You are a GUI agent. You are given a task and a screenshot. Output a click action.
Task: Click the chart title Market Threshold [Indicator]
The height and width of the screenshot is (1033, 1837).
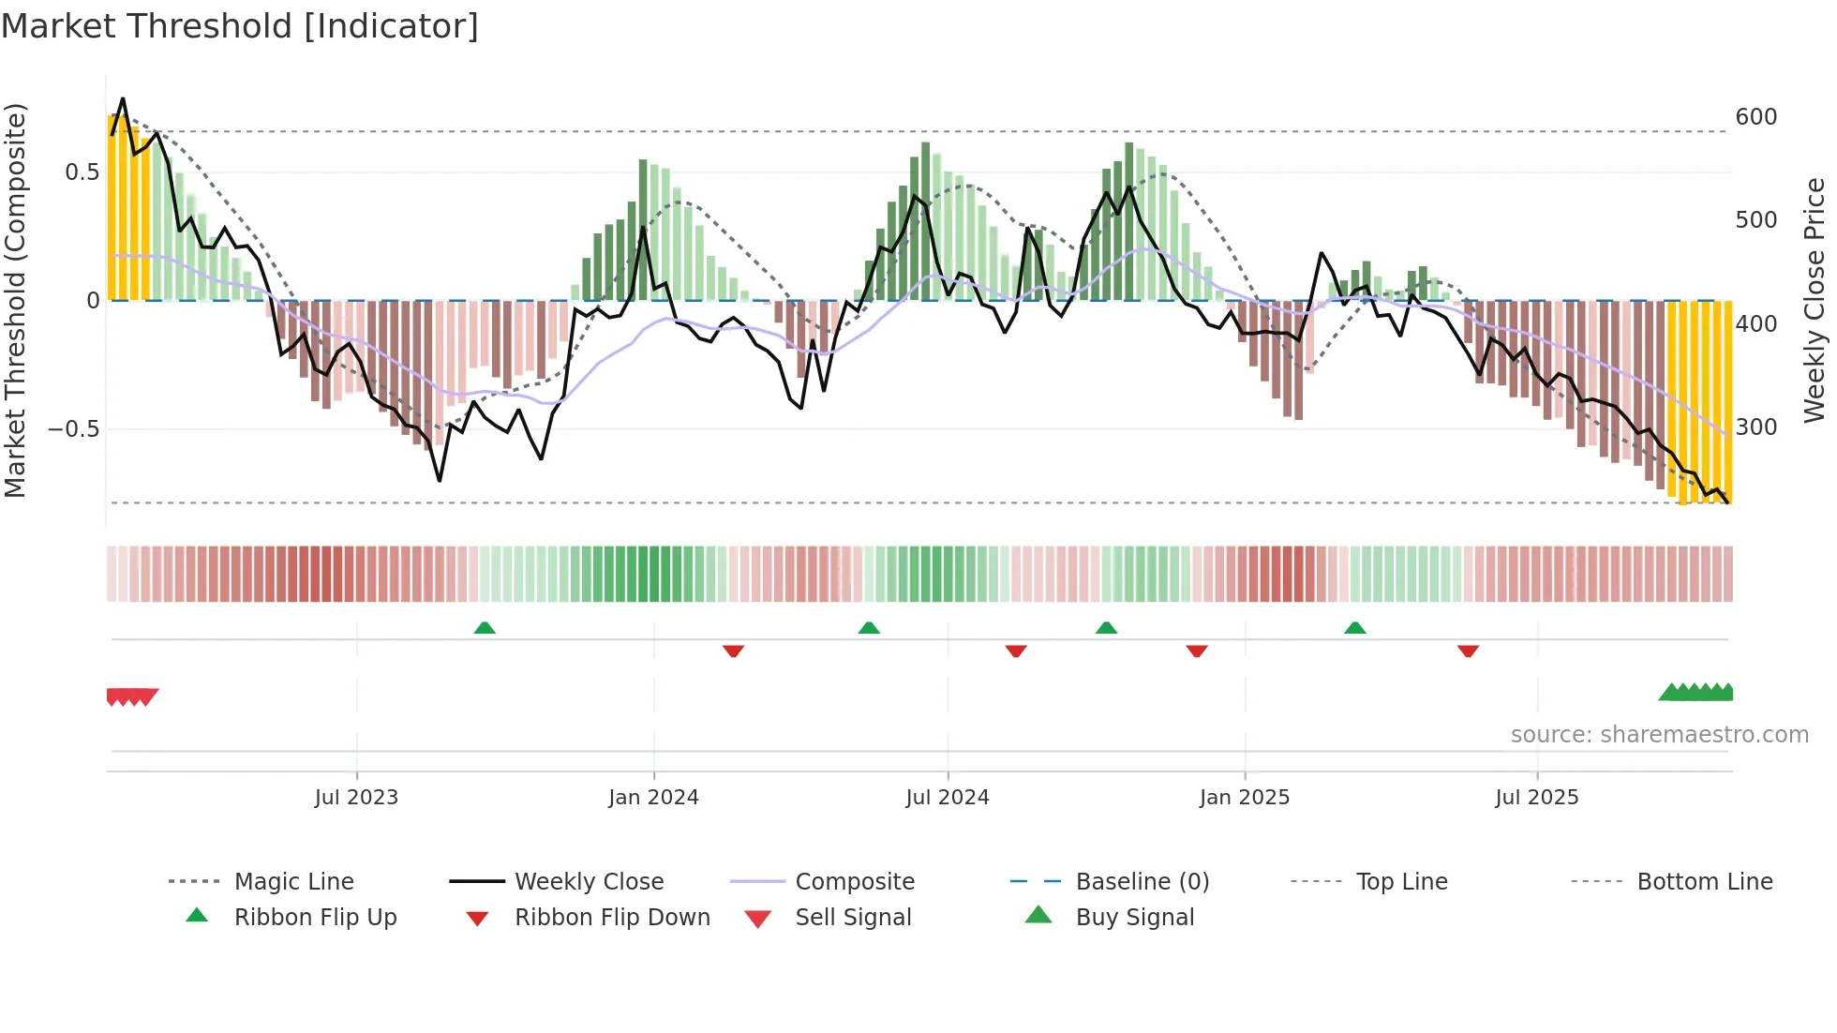click(240, 26)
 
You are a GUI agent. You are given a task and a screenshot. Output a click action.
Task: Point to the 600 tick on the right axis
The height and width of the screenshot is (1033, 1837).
click(1755, 117)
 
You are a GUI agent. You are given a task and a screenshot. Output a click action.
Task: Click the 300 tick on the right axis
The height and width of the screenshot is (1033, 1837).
click(1755, 427)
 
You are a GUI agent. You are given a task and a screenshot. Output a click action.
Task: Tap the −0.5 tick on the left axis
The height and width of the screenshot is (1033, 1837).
click(73, 429)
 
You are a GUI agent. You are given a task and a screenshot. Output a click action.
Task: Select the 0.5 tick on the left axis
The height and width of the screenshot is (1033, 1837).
click(82, 172)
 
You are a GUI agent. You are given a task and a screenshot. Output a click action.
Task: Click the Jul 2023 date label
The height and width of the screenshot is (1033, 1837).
click(356, 798)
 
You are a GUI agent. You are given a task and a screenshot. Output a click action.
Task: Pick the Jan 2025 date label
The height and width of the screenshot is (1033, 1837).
click(1244, 798)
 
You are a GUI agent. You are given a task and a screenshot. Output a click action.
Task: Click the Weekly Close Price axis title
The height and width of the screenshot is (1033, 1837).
click(1815, 300)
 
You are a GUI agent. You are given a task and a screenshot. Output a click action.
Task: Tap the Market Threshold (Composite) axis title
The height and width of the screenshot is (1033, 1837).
click(15, 300)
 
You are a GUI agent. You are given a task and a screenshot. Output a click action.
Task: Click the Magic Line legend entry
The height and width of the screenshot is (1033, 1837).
click(293, 882)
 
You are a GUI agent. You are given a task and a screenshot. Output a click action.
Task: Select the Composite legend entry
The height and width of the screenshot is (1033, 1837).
click(854, 882)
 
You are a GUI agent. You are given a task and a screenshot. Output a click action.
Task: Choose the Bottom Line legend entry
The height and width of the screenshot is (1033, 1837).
click(1704, 882)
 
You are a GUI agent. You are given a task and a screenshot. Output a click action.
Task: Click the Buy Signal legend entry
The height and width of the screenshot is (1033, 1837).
click(1134, 918)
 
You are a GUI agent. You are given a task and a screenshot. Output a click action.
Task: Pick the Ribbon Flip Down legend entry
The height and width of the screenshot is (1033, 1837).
click(611, 918)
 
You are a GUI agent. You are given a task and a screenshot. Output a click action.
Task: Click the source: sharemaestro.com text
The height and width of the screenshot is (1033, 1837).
click(1659, 735)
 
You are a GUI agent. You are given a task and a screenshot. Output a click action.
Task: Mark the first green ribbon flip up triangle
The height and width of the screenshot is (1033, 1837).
click(485, 628)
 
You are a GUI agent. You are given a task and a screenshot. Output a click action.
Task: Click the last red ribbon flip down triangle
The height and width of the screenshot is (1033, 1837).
click(1468, 651)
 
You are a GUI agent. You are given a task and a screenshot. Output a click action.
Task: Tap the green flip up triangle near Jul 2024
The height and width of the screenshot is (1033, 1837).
click(869, 628)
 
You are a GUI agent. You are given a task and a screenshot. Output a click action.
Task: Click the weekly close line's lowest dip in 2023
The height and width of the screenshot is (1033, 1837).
click(440, 480)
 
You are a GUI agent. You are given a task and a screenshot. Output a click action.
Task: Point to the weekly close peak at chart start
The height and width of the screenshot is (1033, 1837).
click(123, 98)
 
